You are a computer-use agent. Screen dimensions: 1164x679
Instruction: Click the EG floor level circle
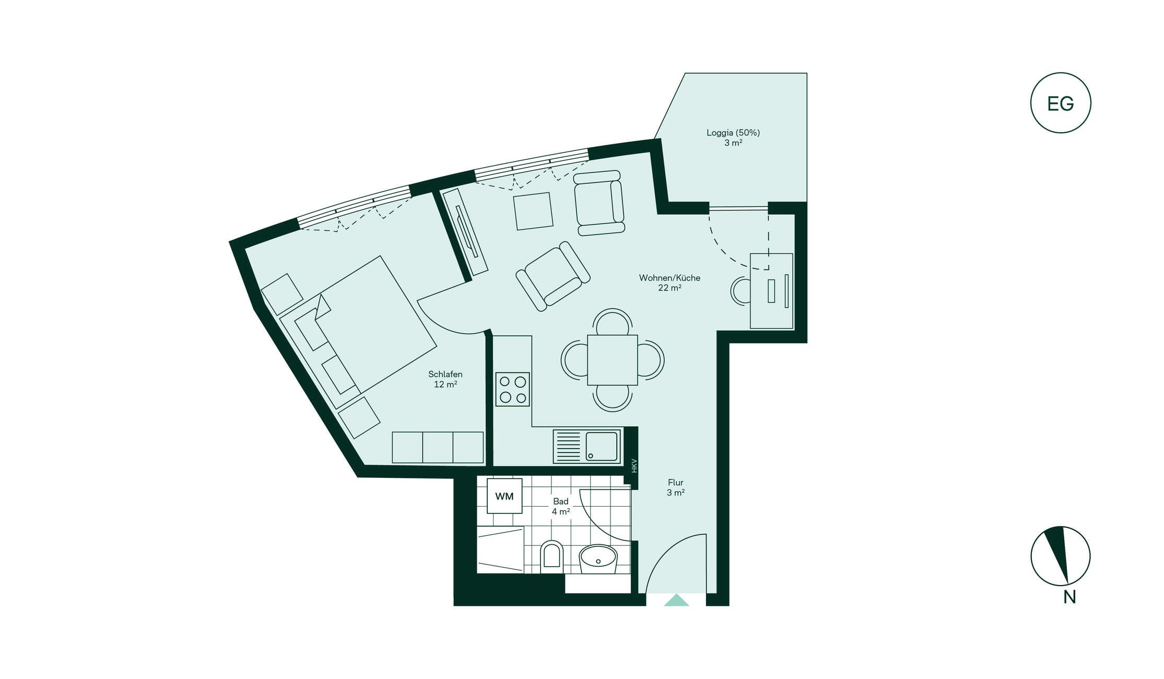[1061, 103]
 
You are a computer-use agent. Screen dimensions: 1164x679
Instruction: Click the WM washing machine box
[504, 496]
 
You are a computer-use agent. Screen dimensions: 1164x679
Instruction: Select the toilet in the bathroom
[552, 555]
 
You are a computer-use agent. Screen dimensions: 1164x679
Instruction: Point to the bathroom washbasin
[598, 559]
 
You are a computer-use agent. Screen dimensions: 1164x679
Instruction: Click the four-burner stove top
[512, 389]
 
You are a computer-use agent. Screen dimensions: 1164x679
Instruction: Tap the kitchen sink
[587, 446]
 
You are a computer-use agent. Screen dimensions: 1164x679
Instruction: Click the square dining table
[613, 360]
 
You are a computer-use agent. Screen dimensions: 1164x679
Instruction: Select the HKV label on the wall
[634, 466]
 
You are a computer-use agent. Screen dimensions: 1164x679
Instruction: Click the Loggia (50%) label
[733, 133]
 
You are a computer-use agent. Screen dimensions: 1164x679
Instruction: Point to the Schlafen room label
[445, 374]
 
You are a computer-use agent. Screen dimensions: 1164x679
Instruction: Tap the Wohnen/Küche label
[669, 278]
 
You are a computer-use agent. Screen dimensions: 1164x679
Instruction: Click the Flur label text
[676, 483]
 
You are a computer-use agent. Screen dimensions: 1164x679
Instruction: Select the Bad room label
[561, 501]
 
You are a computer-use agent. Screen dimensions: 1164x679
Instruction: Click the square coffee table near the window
[533, 211]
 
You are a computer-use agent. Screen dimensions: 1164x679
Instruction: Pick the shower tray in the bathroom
[500, 550]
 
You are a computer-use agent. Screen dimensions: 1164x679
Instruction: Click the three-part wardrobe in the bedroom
[438, 447]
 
